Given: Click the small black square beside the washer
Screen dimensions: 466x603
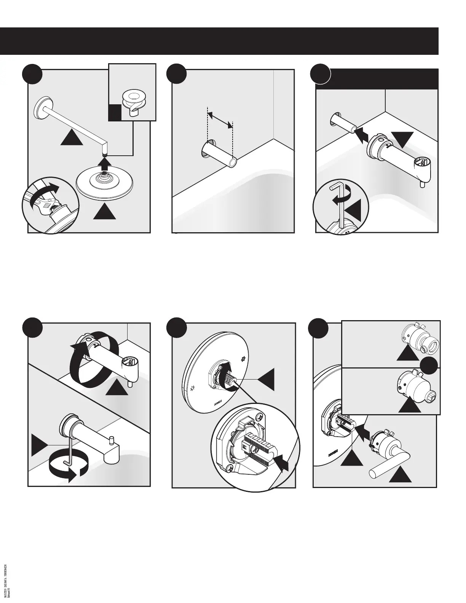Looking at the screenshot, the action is (x=115, y=113).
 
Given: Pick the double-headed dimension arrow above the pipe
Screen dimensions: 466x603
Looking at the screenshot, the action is (x=220, y=118).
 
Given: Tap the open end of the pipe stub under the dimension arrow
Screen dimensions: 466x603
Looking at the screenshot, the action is (x=232, y=162).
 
